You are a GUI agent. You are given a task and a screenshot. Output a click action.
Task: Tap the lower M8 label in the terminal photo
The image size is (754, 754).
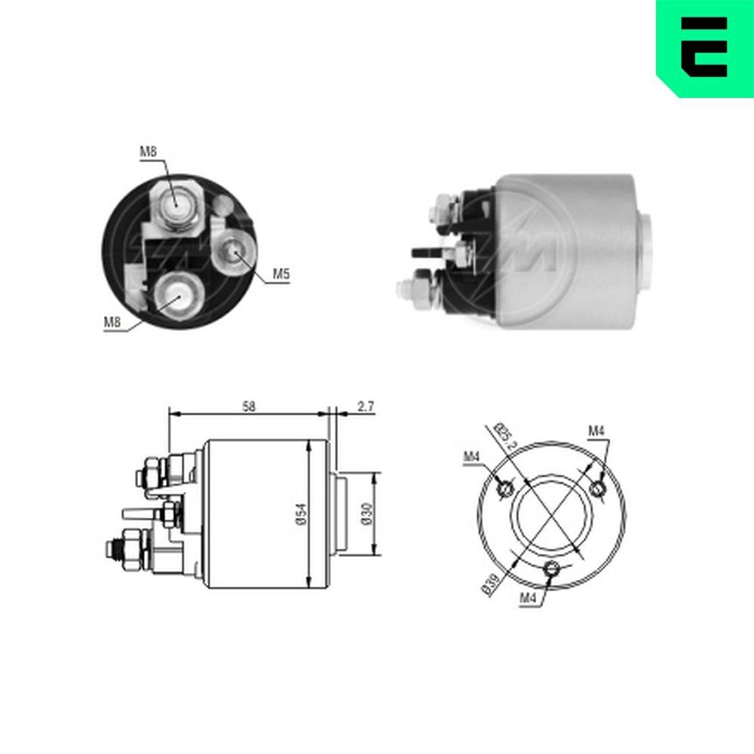(113, 323)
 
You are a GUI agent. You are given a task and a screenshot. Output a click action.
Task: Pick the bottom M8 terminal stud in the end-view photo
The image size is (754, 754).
(177, 295)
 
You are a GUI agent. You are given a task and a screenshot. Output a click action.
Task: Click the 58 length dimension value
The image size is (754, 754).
(249, 406)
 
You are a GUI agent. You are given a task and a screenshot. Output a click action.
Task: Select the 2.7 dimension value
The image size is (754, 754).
(366, 406)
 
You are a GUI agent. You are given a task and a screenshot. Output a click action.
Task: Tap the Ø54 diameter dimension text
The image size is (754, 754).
(299, 513)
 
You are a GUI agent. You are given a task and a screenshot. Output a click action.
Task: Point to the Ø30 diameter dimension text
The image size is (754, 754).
(366, 513)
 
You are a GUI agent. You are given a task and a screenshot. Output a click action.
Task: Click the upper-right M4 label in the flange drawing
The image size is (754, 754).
(596, 431)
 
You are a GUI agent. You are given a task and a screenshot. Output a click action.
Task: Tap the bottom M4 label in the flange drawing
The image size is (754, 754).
(527, 598)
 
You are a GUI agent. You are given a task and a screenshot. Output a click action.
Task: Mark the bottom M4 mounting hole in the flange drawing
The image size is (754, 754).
(552, 569)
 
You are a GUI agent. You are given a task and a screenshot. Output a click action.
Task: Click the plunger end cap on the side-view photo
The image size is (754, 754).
(646, 250)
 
